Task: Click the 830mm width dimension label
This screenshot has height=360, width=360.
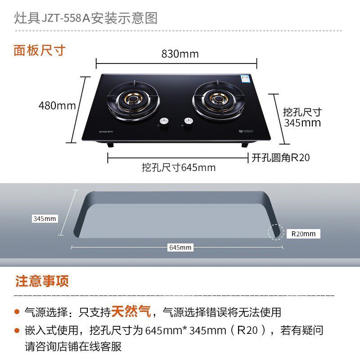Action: click(180, 54)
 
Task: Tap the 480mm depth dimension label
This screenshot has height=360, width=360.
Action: click(57, 106)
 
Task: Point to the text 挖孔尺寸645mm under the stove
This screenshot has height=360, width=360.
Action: click(179, 168)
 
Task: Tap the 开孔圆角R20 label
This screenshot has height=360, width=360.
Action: click(280, 158)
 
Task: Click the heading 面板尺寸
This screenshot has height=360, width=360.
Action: click(40, 50)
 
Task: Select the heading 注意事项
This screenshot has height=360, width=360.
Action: click(42, 282)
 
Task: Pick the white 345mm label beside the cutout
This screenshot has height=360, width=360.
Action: click(45, 219)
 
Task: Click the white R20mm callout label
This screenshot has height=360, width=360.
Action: click(303, 234)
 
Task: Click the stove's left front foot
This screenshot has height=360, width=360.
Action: click(109, 145)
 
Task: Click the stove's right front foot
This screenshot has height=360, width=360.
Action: click(245, 145)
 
